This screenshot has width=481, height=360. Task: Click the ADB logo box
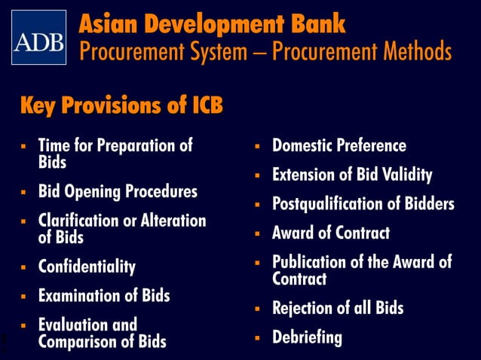pos(38,37)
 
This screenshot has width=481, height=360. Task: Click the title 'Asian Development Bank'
pos(212,23)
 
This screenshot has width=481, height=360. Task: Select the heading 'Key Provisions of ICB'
pos(121,105)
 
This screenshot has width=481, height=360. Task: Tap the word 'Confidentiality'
pos(87,267)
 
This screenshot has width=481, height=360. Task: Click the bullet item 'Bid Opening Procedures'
pos(118,191)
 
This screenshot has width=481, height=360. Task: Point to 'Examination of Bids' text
pos(104,295)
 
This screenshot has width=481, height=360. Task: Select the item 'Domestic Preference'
pos(339,145)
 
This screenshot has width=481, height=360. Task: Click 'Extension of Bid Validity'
pos(352,175)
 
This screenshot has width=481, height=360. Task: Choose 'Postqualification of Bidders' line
pos(363,204)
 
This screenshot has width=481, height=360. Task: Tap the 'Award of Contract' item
pos(330,233)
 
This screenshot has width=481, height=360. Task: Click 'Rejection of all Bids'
pos(338,308)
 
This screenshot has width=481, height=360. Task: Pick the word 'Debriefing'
pos(307,337)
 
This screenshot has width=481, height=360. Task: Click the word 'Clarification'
pos(79,221)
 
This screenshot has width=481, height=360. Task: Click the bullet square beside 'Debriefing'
pos(256,337)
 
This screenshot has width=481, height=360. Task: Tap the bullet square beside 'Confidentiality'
pos(23,267)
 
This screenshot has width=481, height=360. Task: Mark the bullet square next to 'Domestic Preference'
pos(256,146)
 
